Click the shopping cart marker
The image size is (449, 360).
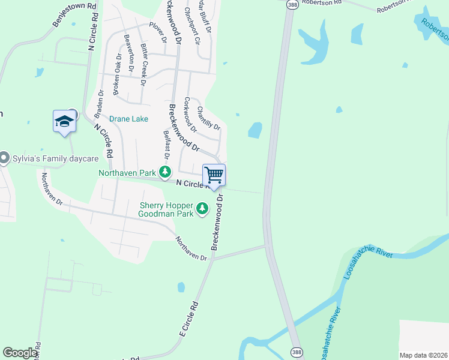(x=214, y=175)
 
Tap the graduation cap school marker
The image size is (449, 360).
(x=64, y=122)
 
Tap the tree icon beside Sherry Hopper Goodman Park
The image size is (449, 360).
(x=203, y=209)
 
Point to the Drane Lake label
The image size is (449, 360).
(x=128, y=119)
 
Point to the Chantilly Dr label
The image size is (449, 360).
(x=208, y=118)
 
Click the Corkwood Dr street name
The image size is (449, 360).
(x=190, y=114)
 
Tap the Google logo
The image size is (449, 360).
(x=20, y=353)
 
